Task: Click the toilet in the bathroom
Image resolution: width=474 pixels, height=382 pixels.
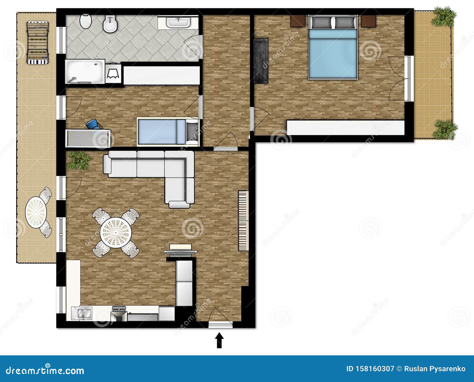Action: tap(86, 21)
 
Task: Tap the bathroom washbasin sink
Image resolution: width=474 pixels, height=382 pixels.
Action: tap(178, 23)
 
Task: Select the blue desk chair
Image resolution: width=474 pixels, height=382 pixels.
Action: tap(93, 124)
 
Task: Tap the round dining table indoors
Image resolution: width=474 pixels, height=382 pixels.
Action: tap(116, 233)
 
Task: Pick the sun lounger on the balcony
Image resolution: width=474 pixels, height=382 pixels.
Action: tap(37, 43)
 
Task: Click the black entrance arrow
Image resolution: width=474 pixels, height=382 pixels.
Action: tap(219, 340)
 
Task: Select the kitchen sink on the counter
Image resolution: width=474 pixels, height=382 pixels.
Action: tap(82, 314)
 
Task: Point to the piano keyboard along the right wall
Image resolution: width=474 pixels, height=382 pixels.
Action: tap(244, 221)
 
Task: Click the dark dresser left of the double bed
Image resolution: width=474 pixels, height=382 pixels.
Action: tap(261, 61)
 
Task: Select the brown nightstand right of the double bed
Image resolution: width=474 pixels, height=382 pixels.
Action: tap(369, 21)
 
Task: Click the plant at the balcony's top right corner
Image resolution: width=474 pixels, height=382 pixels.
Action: tap(443, 17)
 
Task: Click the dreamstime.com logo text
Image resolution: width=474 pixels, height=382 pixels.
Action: tap(45, 370)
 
